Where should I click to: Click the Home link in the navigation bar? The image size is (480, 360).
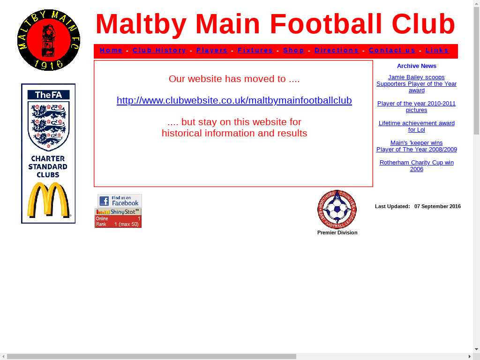[111, 50]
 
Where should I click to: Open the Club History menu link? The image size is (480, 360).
[159, 50]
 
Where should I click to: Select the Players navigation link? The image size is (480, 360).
[212, 50]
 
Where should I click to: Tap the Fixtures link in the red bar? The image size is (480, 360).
[255, 50]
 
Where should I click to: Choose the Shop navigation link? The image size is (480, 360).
[293, 50]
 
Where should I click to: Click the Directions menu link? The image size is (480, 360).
[337, 50]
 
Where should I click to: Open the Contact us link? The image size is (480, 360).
[392, 50]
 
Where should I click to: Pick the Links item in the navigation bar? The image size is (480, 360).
[437, 50]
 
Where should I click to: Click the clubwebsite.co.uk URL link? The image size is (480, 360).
[234, 100]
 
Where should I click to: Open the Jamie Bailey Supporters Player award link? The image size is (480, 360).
[416, 84]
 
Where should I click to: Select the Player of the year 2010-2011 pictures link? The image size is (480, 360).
[416, 107]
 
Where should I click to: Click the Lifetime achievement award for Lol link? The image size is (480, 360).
[416, 127]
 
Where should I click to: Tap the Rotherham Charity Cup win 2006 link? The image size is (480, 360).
[416, 165]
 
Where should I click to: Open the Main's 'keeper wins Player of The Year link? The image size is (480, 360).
[416, 146]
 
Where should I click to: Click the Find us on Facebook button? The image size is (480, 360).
[120, 201]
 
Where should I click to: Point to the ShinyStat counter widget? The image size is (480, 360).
[118, 218]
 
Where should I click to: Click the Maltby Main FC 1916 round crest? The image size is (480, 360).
[49, 40]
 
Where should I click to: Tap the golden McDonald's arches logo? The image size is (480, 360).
[49, 200]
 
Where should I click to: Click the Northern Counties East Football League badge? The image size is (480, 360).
[337, 210]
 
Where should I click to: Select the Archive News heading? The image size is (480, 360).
[416, 66]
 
